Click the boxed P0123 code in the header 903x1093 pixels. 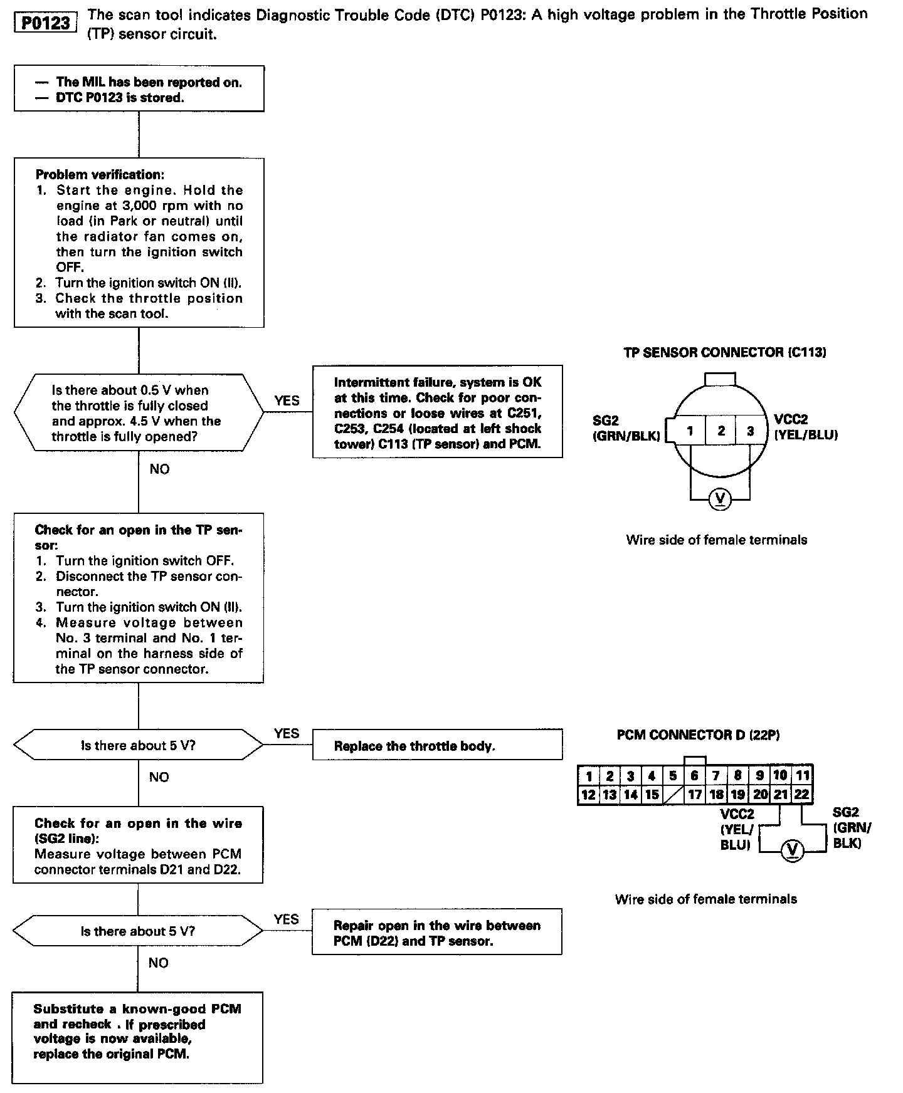pyautogui.click(x=46, y=23)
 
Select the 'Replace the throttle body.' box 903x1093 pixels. pyautogui.click(x=437, y=745)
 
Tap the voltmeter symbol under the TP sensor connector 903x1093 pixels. pyautogui.click(x=720, y=499)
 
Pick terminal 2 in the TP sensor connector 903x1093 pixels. pyautogui.click(x=721, y=431)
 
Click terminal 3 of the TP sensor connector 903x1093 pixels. pyautogui.click(x=750, y=431)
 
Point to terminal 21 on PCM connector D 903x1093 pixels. pyautogui.click(x=780, y=795)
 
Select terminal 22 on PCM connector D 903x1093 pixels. pyautogui.click(x=801, y=795)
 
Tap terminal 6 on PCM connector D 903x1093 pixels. pyautogui.click(x=694, y=776)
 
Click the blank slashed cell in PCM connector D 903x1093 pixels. pyautogui.click(x=673, y=795)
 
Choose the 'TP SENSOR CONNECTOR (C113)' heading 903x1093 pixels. pyautogui.click(x=724, y=352)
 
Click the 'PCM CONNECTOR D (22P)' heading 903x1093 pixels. pyautogui.click(x=698, y=735)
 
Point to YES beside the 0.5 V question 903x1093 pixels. pyautogui.click(x=287, y=400)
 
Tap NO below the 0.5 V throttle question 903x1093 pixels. pyautogui.click(x=159, y=469)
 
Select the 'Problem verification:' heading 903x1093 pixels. pyautogui.click(x=100, y=174)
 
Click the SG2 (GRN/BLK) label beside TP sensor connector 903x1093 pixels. pyautogui.click(x=626, y=429)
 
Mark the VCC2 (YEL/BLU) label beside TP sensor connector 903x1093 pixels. pyautogui.click(x=806, y=427)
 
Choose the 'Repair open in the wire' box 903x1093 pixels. pyautogui.click(x=437, y=933)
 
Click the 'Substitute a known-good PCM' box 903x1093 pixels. pyautogui.click(x=137, y=1037)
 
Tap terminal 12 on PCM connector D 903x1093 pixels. pyautogui.click(x=588, y=795)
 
